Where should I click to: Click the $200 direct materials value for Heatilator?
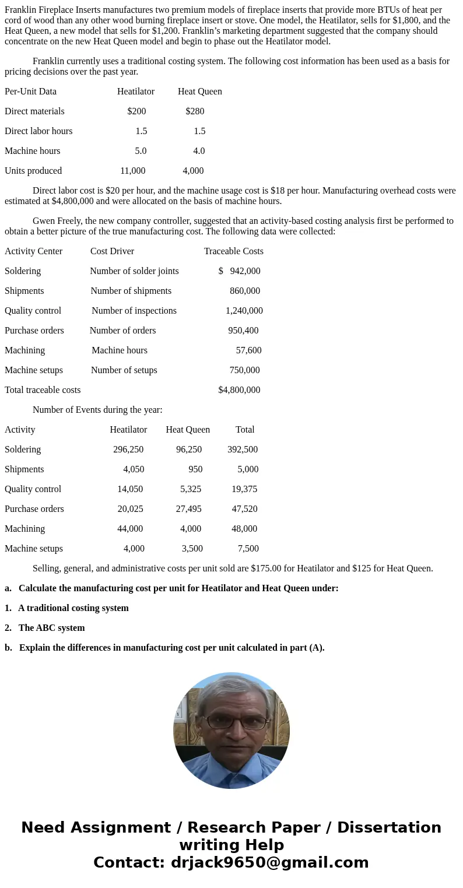(x=136, y=111)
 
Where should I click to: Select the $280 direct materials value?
(x=195, y=111)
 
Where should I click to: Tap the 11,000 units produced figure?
(x=132, y=171)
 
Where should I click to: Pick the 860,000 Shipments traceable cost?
(x=245, y=291)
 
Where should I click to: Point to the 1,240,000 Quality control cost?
(x=244, y=311)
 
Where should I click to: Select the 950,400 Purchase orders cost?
(x=243, y=331)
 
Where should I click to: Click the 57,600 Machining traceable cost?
(x=248, y=350)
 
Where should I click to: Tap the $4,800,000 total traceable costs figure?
(x=239, y=390)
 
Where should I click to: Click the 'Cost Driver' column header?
(x=112, y=251)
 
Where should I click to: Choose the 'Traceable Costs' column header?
(x=233, y=251)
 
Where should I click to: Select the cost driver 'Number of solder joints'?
(x=134, y=271)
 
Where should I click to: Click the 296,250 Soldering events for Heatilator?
(x=128, y=450)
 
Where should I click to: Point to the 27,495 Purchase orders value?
(x=188, y=509)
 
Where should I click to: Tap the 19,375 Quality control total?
(x=244, y=489)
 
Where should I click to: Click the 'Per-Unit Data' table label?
(x=30, y=92)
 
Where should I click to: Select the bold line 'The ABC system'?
(x=51, y=628)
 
